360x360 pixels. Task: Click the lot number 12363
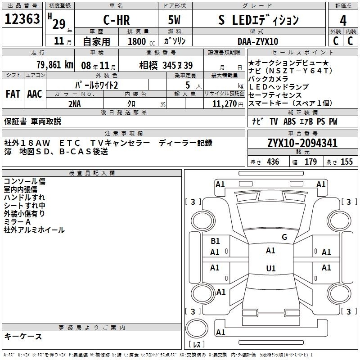pyautogui.click(x=22, y=19)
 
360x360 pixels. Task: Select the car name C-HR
pyautogui.click(x=117, y=20)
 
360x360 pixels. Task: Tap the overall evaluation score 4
pyautogui.click(x=343, y=21)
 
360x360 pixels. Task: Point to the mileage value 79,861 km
pyautogui.click(x=55, y=65)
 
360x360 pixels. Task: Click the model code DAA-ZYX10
pyautogui.click(x=258, y=41)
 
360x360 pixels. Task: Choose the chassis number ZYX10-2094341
pyautogui.click(x=302, y=143)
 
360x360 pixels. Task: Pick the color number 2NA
pyautogui.click(x=75, y=104)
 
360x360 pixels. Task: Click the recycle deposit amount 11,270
pyautogui.click(x=225, y=104)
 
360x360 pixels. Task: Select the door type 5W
pyautogui.click(x=174, y=20)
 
